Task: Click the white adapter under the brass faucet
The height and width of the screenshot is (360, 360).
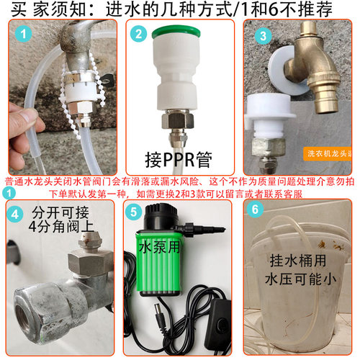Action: pyautogui.click(x=270, y=115)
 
